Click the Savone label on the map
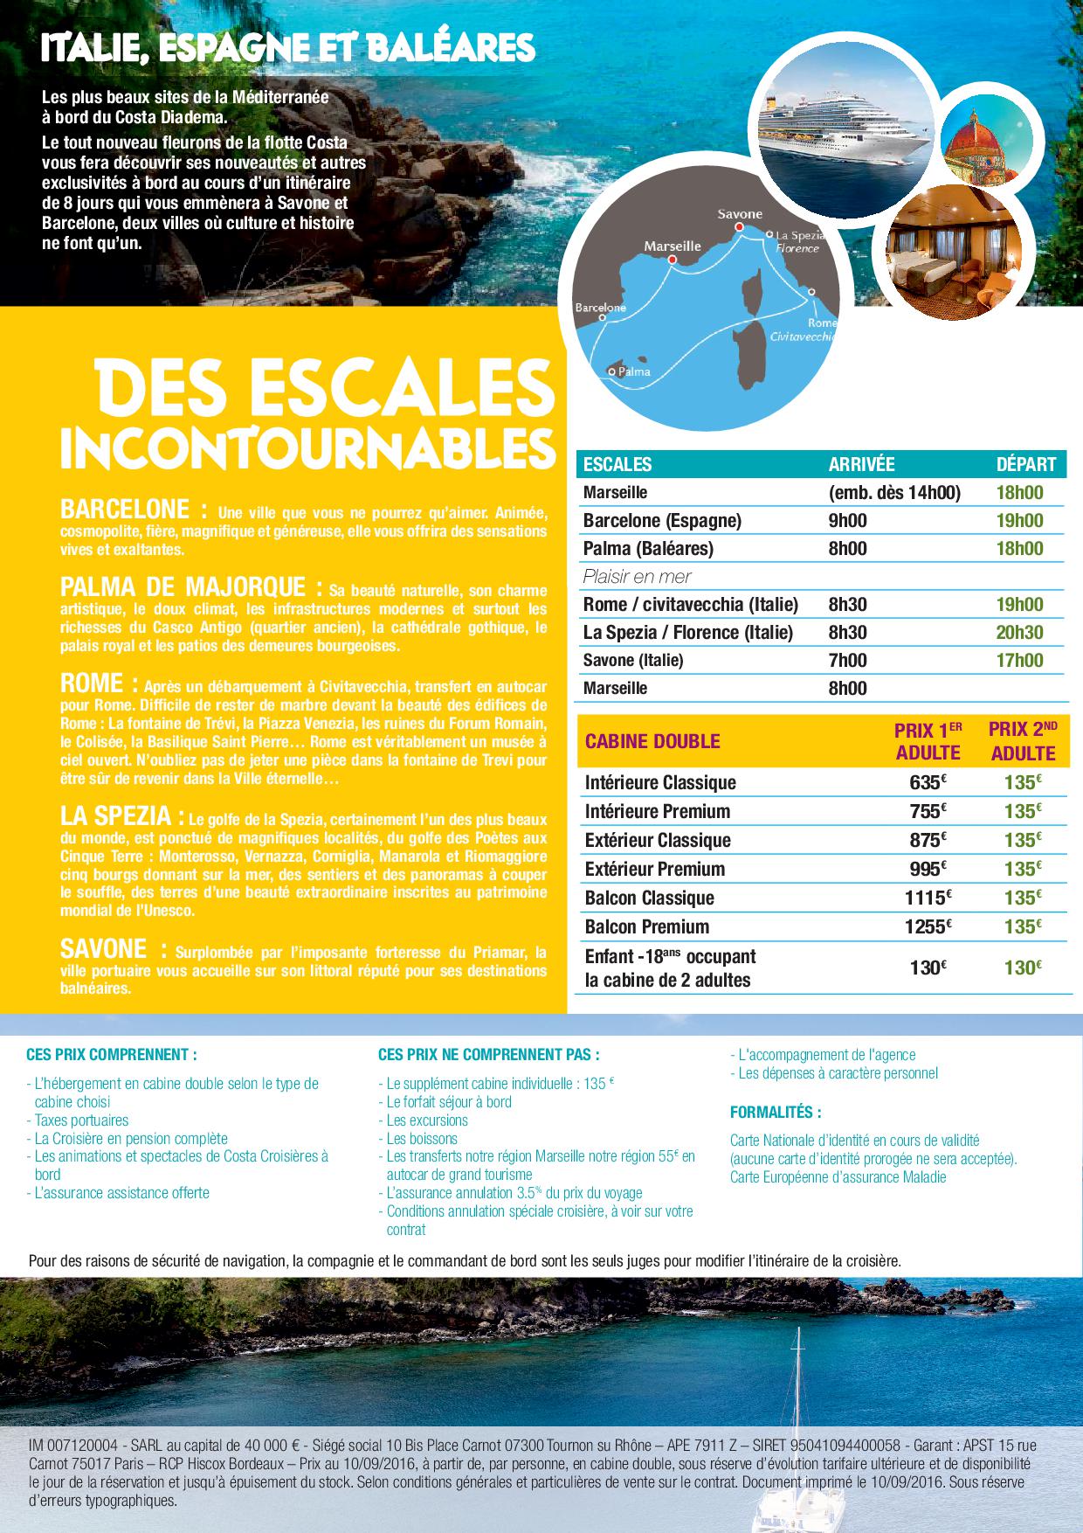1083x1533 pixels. pyautogui.click(x=739, y=214)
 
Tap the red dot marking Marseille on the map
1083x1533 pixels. pyautogui.click(x=673, y=260)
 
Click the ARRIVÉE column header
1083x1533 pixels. pyautogui.click(x=861, y=465)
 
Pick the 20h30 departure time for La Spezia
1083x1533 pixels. pyautogui.click(x=1020, y=633)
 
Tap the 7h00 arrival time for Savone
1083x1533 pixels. pyautogui.click(x=847, y=661)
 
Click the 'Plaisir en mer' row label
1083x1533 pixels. pyautogui.click(x=637, y=577)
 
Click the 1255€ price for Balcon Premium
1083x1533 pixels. pyautogui.click(x=928, y=927)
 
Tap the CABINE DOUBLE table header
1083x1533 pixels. pyautogui.click(x=652, y=742)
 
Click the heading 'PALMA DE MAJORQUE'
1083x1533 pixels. pyautogui.click(x=183, y=586)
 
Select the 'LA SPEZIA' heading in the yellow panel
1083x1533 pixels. pyautogui.click(x=116, y=816)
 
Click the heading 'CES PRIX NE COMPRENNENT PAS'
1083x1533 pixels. pyautogui.click(x=488, y=1056)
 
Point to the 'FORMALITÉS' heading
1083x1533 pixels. pyautogui.click(x=776, y=1113)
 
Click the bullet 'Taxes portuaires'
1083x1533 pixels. pyautogui.click(x=81, y=1120)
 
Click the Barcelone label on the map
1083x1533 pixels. pyautogui.click(x=600, y=309)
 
